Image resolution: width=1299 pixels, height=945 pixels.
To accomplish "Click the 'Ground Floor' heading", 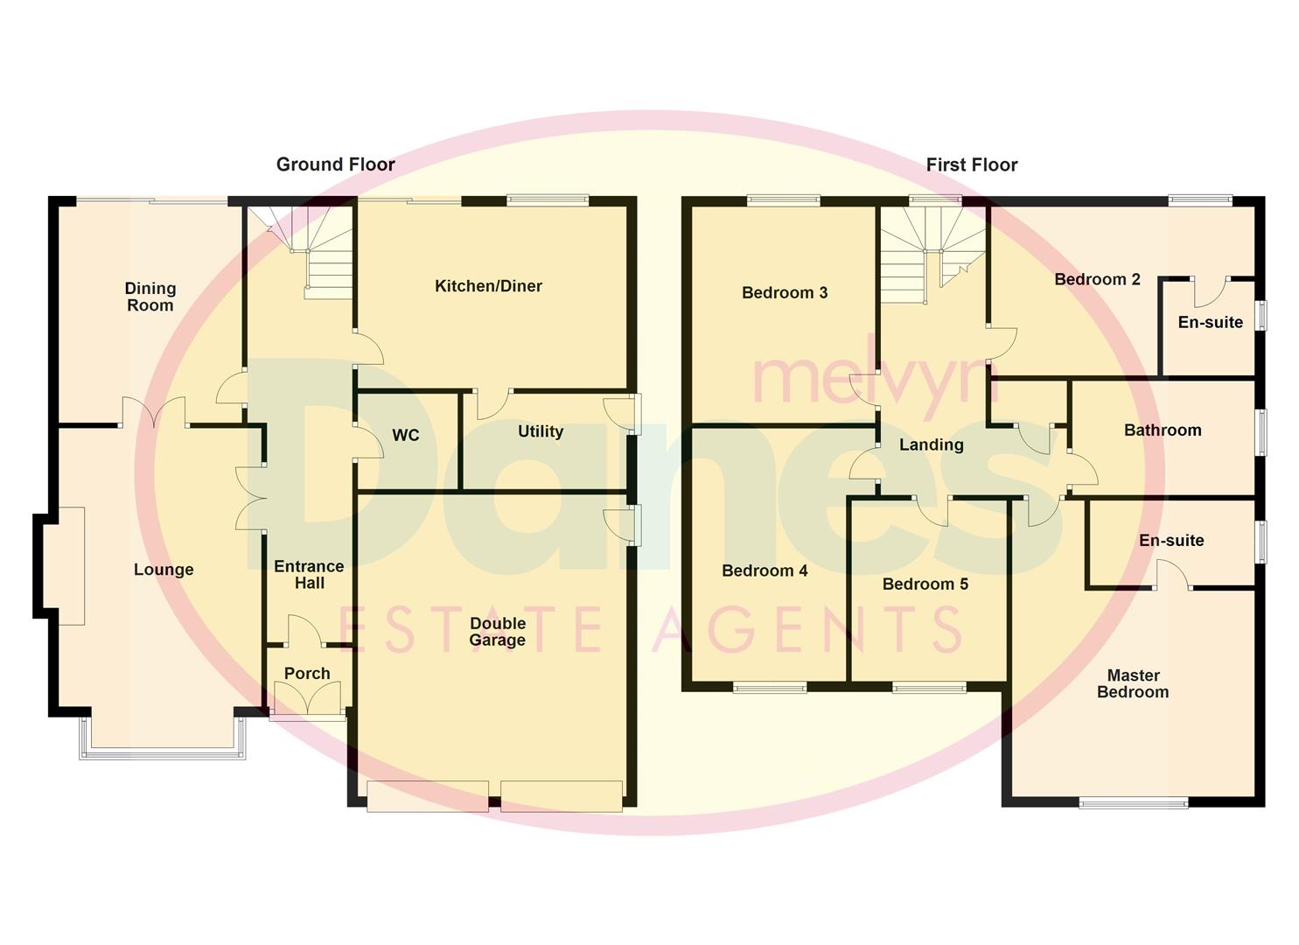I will point(335,164).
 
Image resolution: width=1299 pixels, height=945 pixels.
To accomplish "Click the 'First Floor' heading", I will point(971,164).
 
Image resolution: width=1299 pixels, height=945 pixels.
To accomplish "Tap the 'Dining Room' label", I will point(150,297).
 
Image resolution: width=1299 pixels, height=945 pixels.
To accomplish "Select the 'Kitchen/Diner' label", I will point(488,286).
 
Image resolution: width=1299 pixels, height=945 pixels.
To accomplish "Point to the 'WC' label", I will point(406,435).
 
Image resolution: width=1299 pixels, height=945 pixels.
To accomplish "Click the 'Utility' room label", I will point(540,431).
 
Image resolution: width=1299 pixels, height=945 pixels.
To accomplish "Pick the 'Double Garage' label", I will point(497,632).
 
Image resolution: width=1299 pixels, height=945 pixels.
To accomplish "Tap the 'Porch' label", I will point(307,674).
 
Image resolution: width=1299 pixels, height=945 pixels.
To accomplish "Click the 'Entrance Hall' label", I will point(309,575).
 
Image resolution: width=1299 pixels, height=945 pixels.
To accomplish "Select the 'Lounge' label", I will point(164,570).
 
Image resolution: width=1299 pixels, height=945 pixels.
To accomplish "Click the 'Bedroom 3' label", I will point(785,293).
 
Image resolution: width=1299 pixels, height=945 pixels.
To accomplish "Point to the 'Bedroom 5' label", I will point(925,584).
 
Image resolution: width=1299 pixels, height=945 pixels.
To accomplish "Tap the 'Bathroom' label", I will point(1163,430).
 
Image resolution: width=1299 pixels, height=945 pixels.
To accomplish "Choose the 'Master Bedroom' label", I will point(1133,683).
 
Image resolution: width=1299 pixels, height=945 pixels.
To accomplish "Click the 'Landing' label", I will point(932,444).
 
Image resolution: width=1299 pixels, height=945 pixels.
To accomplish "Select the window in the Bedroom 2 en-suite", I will point(1261,315).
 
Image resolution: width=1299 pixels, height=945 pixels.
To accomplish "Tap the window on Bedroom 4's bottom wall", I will point(770,688).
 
